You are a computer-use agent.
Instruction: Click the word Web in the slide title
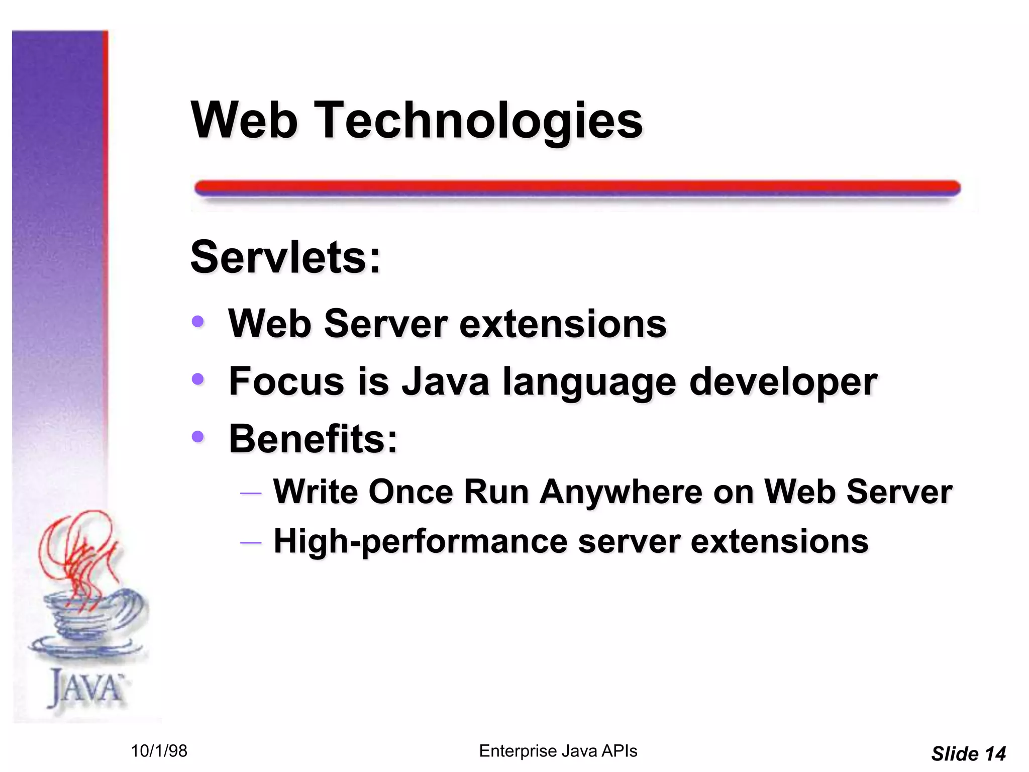pyautogui.click(x=244, y=121)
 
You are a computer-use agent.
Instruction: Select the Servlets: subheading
pyautogui.click(x=285, y=257)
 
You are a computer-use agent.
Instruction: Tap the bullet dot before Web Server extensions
pyautogui.click(x=198, y=321)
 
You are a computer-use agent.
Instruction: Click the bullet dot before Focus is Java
pyautogui.click(x=198, y=379)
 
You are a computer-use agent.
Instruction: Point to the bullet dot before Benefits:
pyautogui.click(x=198, y=437)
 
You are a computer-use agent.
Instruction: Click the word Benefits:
pyautogui.click(x=313, y=439)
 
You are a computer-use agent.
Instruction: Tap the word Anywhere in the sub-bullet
pyautogui.click(x=621, y=492)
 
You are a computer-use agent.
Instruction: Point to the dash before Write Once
pyautogui.click(x=251, y=493)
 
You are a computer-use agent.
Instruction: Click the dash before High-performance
pyautogui.click(x=251, y=543)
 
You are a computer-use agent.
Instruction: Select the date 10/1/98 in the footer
pyautogui.click(x=159, y=751)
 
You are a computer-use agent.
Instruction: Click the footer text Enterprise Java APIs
pyautogui.click(x=558, y=751)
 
